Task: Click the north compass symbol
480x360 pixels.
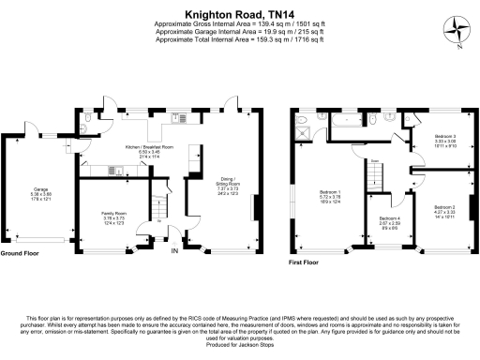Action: [457, 30]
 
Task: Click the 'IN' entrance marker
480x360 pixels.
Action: [173, 250]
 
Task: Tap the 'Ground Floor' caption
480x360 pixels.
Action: [20, 253]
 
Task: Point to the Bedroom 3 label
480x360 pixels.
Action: [444, 140]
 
